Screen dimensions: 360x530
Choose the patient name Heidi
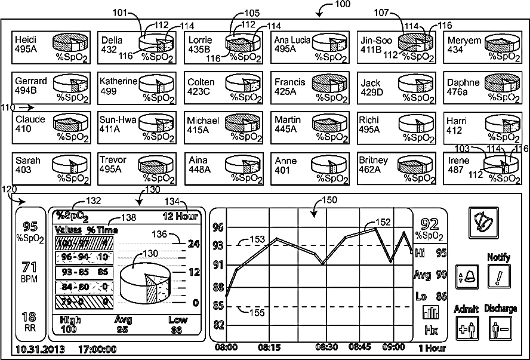[26, 39]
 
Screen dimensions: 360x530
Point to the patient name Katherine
[118, 81]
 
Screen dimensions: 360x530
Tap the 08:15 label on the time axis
[270, 347]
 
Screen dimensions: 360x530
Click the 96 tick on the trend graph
[218, 227]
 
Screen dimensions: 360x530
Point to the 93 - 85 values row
[82, 271]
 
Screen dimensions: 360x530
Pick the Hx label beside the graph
[430, 330]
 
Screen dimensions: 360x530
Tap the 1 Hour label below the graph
[431, 347]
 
